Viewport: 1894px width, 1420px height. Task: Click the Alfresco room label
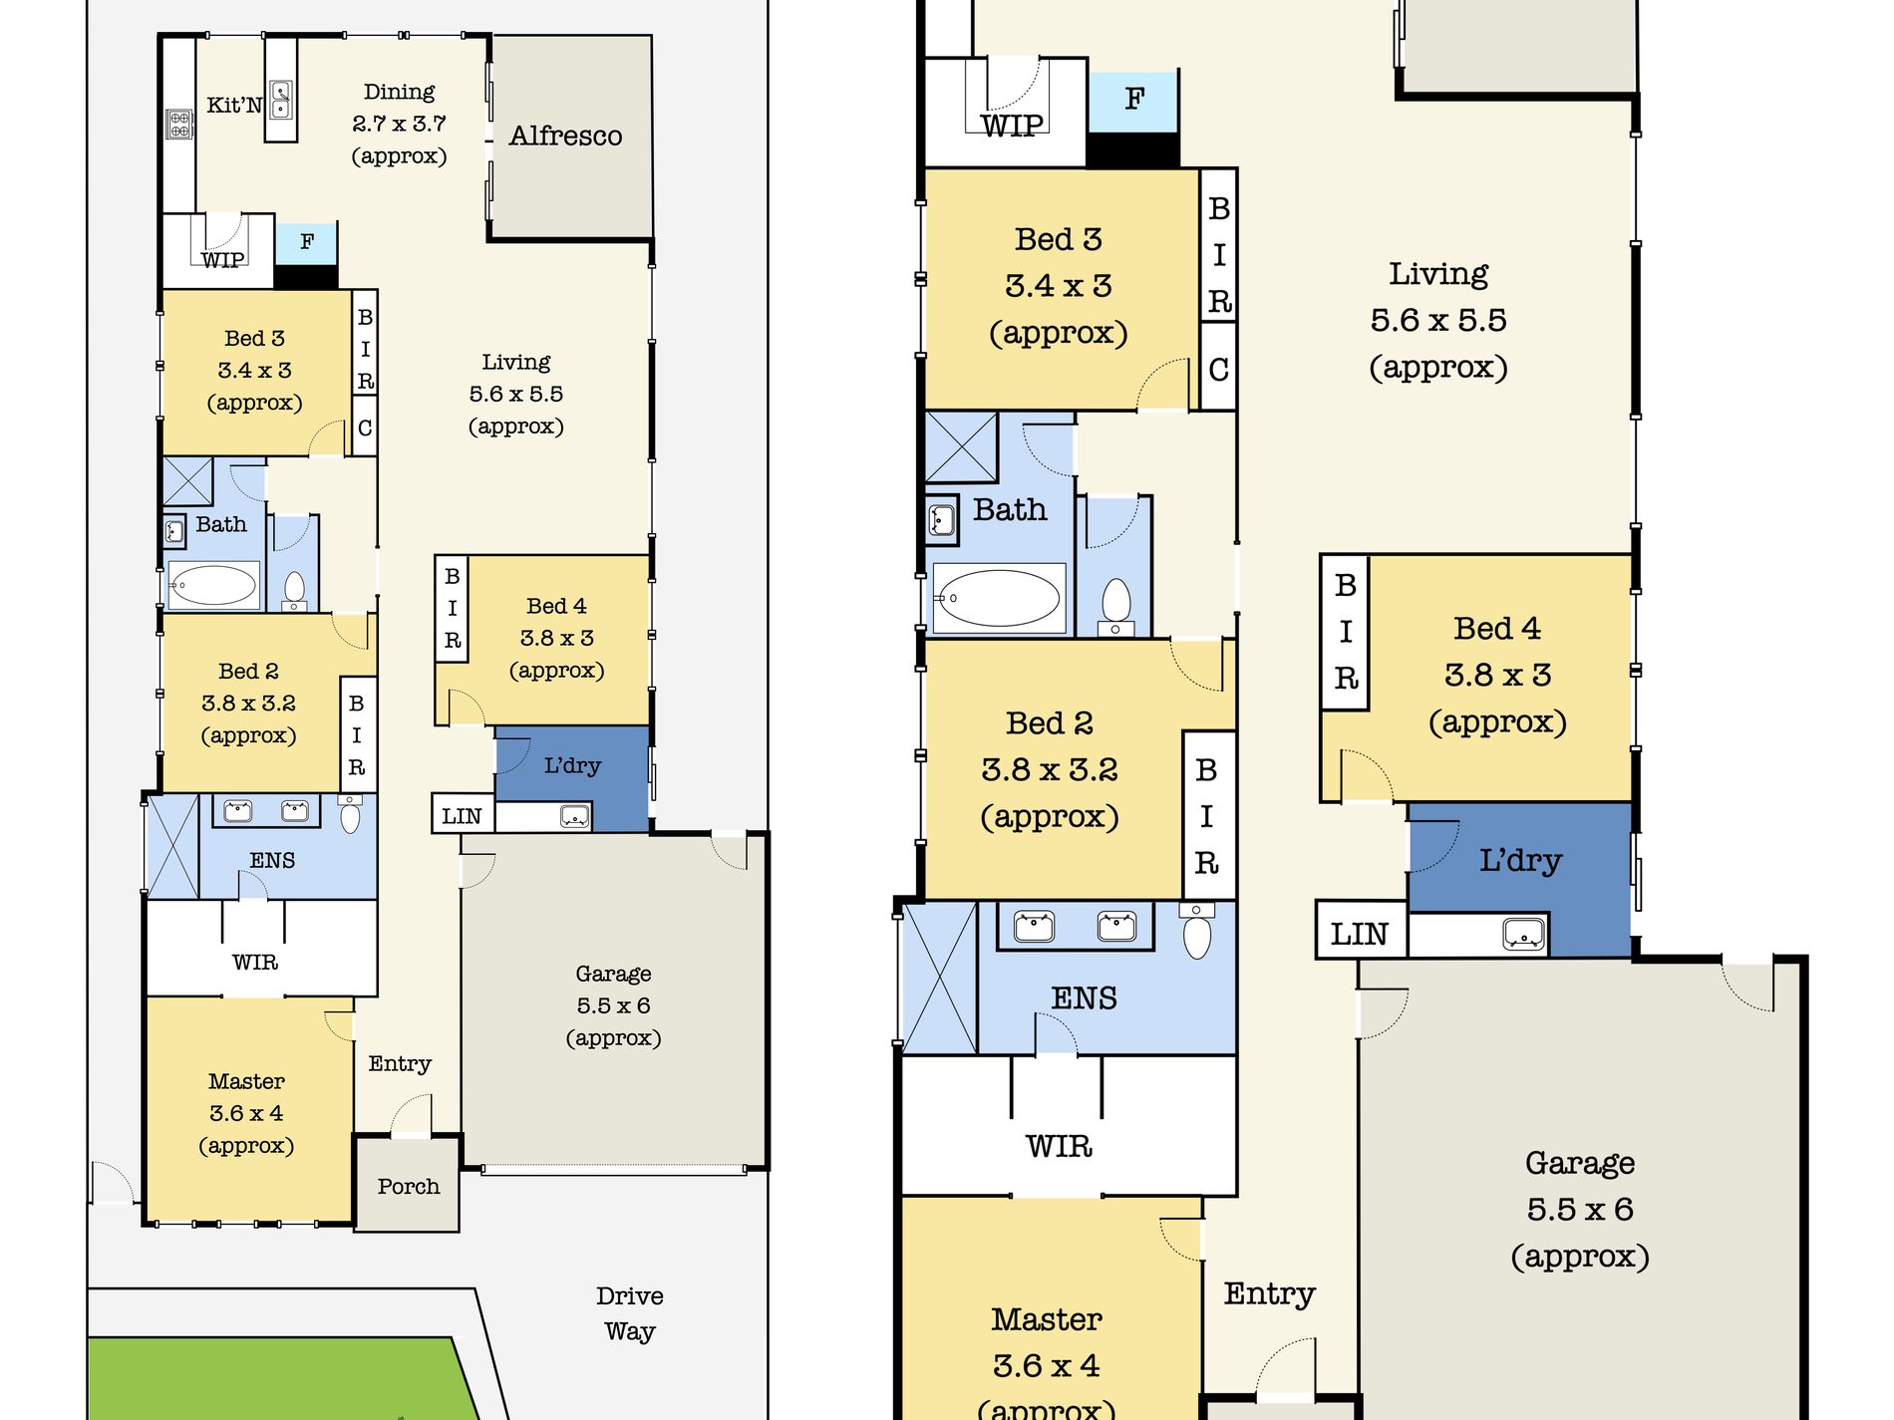tap(565, 136)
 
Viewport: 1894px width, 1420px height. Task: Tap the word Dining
tap(399, 92)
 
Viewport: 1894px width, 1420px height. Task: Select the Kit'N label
tap(234, 105)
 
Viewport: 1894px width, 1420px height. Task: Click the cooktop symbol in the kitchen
tap(179, 125)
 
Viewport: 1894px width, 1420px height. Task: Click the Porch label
tap(408, 1186)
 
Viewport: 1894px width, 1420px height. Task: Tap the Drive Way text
tap(629, 1313)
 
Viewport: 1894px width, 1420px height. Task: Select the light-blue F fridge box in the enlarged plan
tap(1133, 100)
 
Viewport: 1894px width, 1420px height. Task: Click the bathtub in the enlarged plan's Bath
tap(998, 598)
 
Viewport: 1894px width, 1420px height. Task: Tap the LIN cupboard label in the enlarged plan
tap(1359, 934)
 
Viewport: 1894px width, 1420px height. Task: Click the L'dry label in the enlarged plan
tap(1519, 860)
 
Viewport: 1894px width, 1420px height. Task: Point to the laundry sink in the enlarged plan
tap(1523, 935)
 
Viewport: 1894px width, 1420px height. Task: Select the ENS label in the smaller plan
tap(272, 860)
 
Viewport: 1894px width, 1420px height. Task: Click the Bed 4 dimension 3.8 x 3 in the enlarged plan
tap(1497, 675)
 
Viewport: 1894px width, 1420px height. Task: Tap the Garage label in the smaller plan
tap(613, 974)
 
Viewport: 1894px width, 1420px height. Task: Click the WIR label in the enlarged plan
tap(1059, 1146)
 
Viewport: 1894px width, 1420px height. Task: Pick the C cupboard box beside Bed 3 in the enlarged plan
tap(1218, 370)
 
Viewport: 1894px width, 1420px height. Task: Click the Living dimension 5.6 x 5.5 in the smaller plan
tap(515, 394)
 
